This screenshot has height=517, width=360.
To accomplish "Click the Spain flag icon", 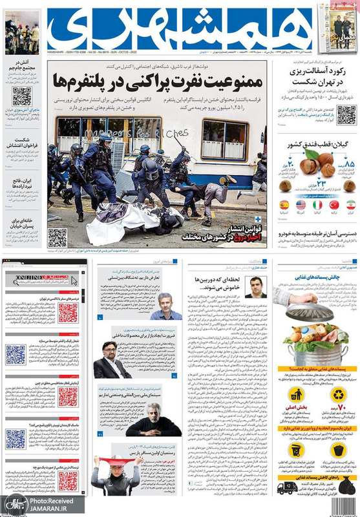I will [x=284, y=204].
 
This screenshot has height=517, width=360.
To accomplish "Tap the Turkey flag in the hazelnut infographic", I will [x=334, y=204].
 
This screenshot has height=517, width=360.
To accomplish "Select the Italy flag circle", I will [x=317, y=204].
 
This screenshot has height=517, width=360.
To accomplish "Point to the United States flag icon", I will [x=301, y=204].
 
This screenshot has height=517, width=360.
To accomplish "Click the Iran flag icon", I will [x=350, y=204].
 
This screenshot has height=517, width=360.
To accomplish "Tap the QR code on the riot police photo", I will [x=58, y=237].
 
